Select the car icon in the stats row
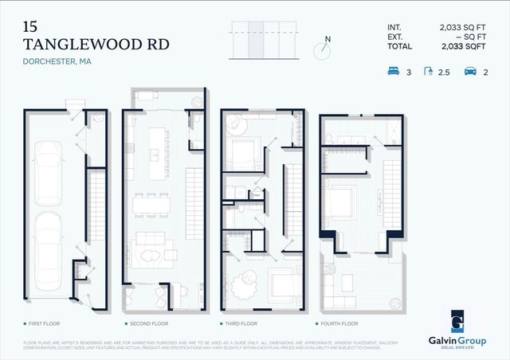tap(469, 72)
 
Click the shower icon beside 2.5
tap(430, 72)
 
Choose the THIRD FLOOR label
tap(240, 324)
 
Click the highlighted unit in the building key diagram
tap(256, 39)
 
